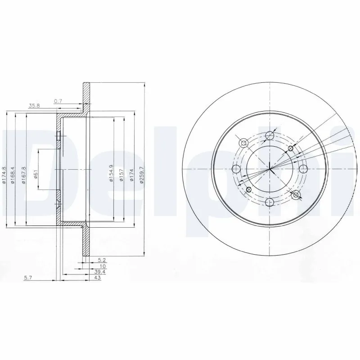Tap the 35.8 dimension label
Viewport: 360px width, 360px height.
pyautogui.click(x=34, y=106)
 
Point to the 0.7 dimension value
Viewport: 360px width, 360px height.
pyautogui.click(x=58, y=101)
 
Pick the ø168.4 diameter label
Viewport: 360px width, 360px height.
pyautogui.click(x=15, y=175)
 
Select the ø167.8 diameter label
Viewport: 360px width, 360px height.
pyautogui.click(x=25, y=175)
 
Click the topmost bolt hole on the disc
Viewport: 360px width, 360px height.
pyautogui.click(x=270, y=135)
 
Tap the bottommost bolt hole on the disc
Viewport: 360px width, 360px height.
pyautogui.click(x=270, y=203)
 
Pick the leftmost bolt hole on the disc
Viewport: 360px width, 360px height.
pyautogui.click(x=236, y=169)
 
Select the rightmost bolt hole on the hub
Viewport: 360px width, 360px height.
pyautogui.click(x=304, y=169)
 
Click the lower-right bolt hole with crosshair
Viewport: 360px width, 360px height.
pyautogui.click(x=296, y=195)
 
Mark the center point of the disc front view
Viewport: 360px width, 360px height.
pyautogui.click(x=270, y=169)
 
